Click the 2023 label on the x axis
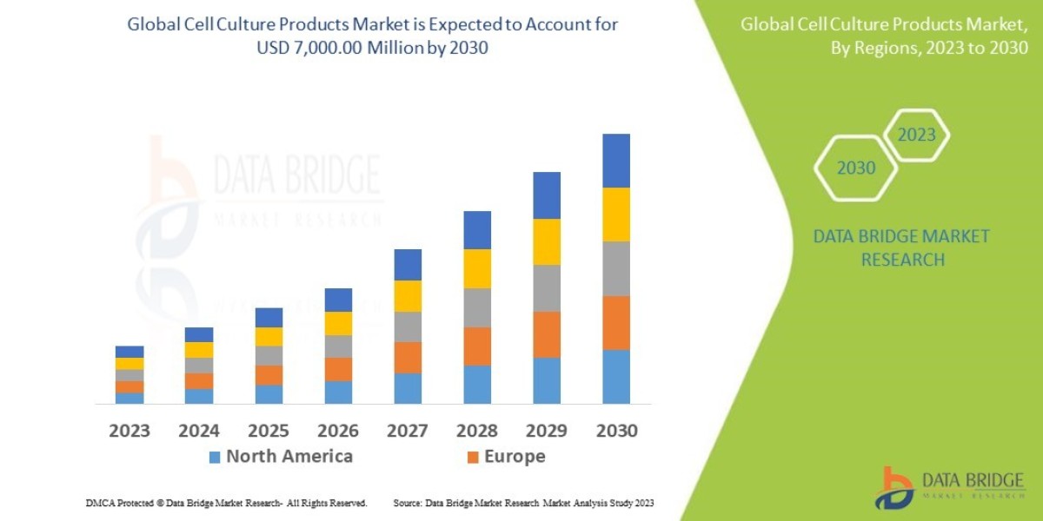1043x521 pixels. click(130, 431)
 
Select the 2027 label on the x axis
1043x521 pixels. click(408, 431)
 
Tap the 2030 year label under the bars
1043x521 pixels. click(616, 431)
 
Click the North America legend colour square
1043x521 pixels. click(215, 457)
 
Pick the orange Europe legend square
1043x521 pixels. click(473, 457)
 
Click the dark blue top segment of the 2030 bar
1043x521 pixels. click(616, 161)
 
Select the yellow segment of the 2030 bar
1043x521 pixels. click(616, 214)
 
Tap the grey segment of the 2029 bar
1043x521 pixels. click(547, 288)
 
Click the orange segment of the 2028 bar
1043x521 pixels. click(477, 346)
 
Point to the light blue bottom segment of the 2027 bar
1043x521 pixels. click(408, 388)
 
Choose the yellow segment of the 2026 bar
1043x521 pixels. click(338, 323)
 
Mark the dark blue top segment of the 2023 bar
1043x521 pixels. click(130, 352)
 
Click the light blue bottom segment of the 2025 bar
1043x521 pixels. click(269, 394)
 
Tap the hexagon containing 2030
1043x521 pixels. click(855, 168)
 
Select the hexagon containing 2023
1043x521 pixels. click(916, 135)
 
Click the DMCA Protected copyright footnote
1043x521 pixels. click(227, 503)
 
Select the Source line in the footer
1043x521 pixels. click(523, 503)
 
